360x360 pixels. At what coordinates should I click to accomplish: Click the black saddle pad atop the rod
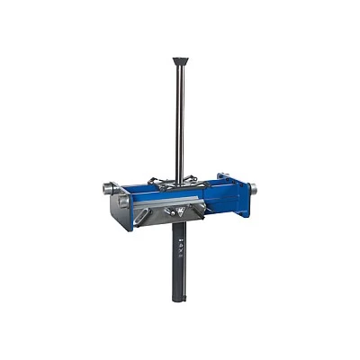pos(181,61)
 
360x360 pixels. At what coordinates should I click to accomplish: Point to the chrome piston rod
pos(180,117)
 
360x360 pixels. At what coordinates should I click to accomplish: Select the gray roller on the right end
pos(253,189)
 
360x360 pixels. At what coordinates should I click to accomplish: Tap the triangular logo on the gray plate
pos(181,212)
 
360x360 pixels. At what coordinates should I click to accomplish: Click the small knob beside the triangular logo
pos(167,212)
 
